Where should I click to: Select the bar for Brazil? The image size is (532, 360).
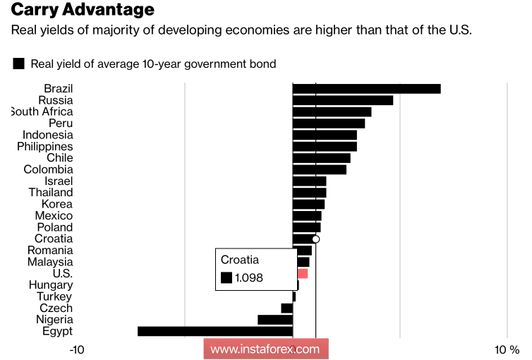click(366, 88)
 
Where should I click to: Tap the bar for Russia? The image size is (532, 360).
click(342, 100)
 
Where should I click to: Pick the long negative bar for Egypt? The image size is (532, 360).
click(214, 331)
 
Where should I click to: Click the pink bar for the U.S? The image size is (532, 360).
click(302, 273)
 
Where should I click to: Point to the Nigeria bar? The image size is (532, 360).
click(274, 320)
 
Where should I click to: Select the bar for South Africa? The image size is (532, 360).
click(332, 112)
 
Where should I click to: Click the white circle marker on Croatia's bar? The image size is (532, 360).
click(315, 239)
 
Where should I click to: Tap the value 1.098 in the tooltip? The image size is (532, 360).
click(249, 278)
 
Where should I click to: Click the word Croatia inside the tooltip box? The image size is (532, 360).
click(240, 259)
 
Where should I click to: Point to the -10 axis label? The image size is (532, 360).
click(78, 349)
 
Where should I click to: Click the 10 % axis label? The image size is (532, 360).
click(506, 349)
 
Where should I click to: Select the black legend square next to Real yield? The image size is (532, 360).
click(18, 64)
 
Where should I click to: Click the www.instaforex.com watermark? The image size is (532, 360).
click(265, 349)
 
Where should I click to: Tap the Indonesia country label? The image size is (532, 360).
click(47, 135)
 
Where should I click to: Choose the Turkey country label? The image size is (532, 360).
click(54, 296)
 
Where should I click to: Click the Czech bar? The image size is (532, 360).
click(286, 308)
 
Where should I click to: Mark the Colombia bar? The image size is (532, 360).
click(319, 169)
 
